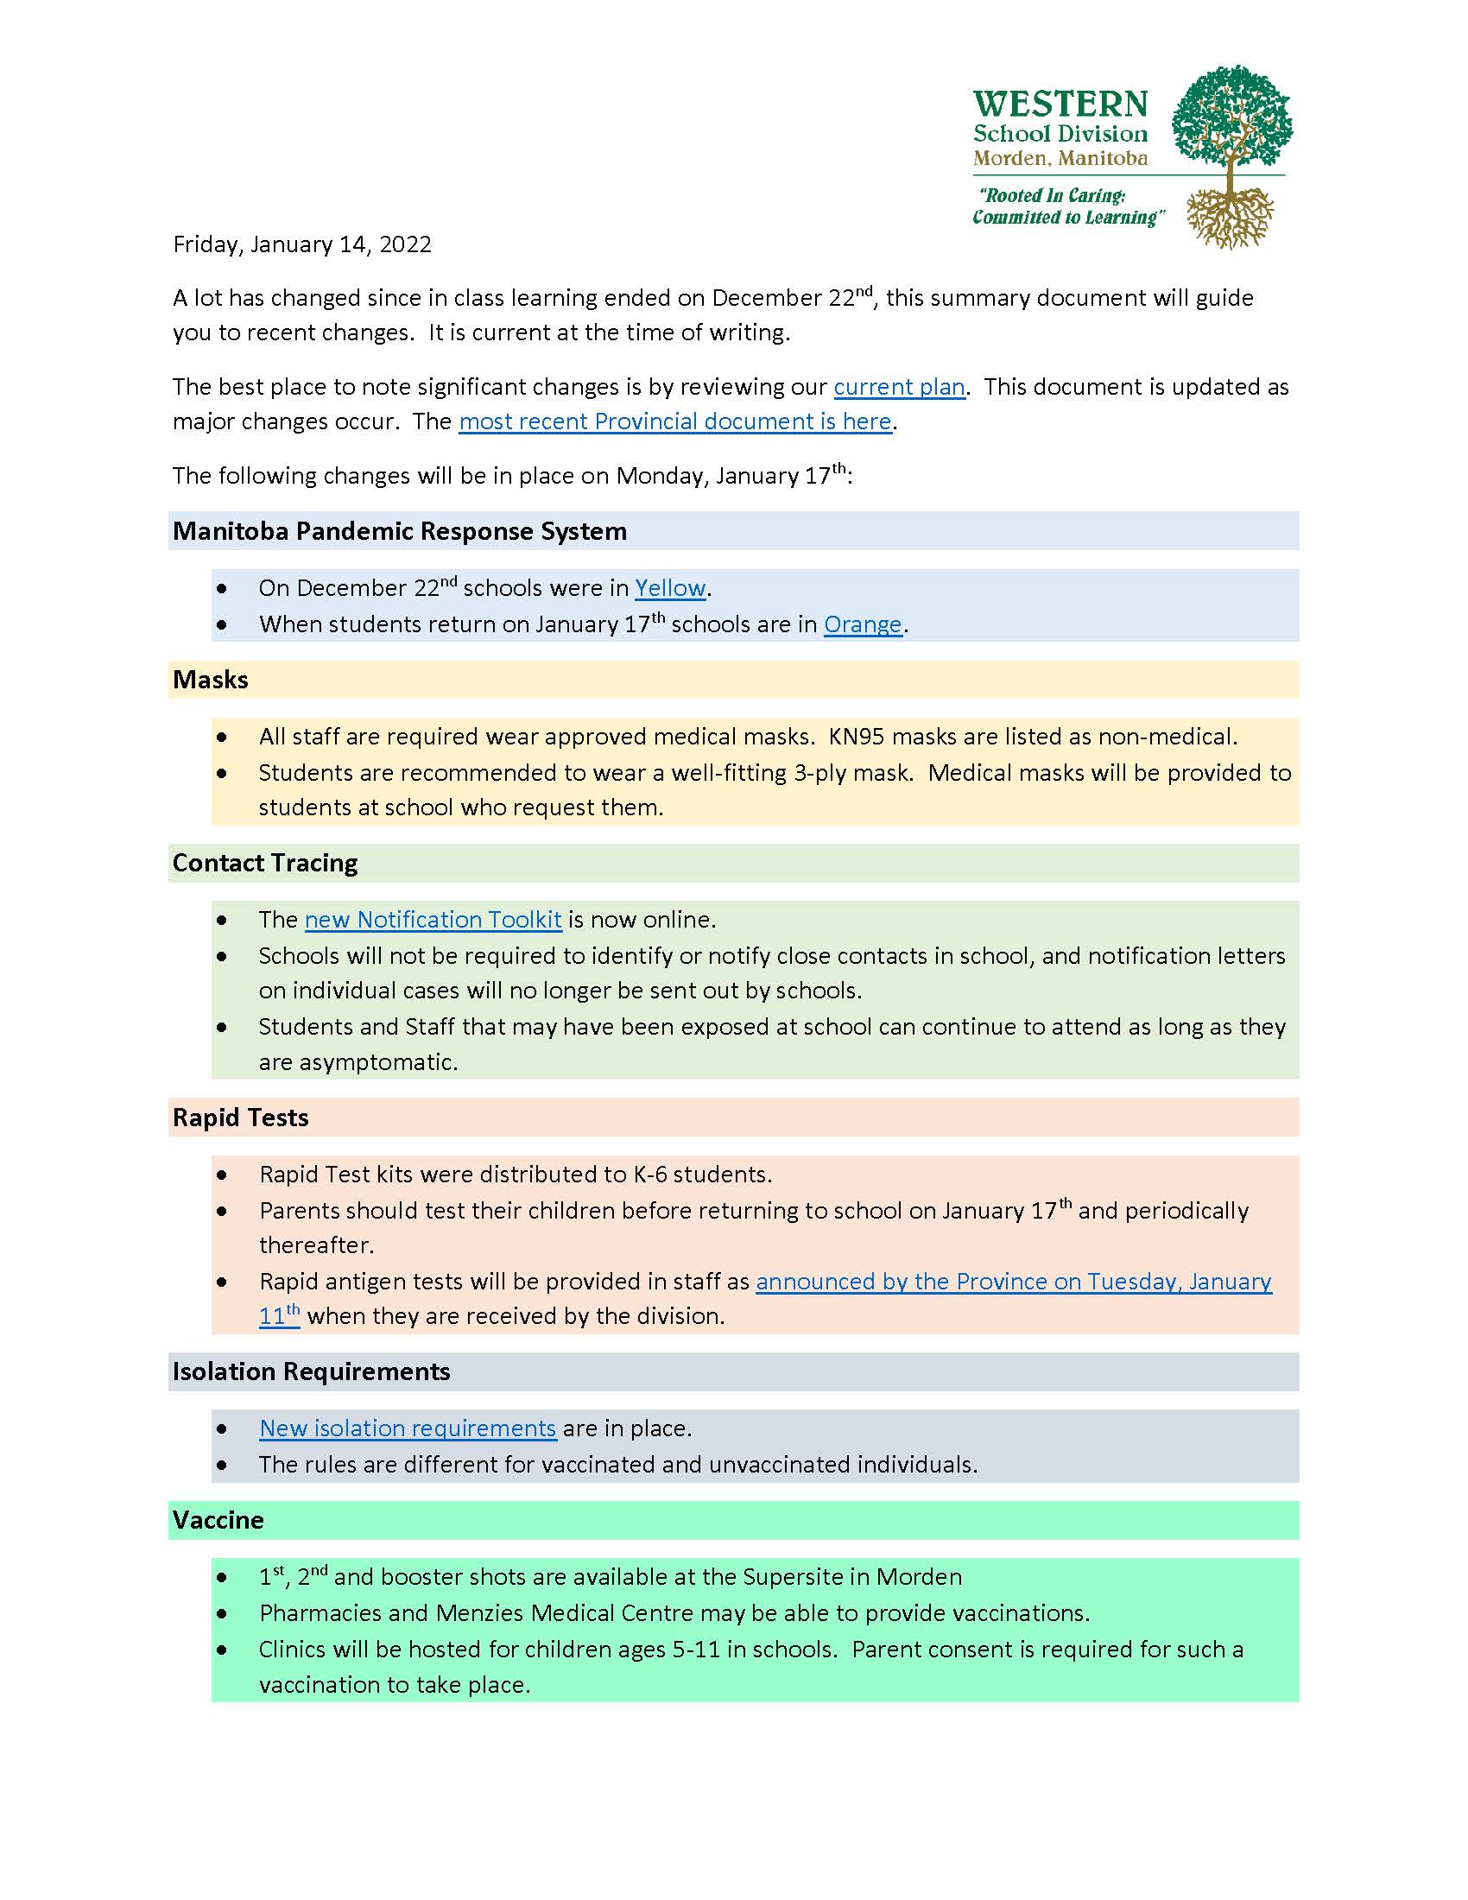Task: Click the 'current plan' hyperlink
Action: [899, 387]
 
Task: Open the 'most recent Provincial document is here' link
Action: [675, 422]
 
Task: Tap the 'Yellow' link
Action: [669, 589]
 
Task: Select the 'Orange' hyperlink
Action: [863, 624]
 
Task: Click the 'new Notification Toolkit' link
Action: [433, 921]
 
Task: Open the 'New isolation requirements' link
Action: [407, 1428]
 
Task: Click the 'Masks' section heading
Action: [211, 680]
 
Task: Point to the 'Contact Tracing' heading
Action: [265, 863]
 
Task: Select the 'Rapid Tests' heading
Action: [241, 1118]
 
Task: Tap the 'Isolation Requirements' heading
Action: [312, 1372]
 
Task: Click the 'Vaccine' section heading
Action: [218, 1521]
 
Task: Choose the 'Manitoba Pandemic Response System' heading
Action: [399, 531]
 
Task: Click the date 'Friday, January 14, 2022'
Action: [301, 244]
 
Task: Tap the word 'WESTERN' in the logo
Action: [1060, 104]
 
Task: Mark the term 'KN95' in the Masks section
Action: [857, 737]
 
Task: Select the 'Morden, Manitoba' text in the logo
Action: [1060, 158]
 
